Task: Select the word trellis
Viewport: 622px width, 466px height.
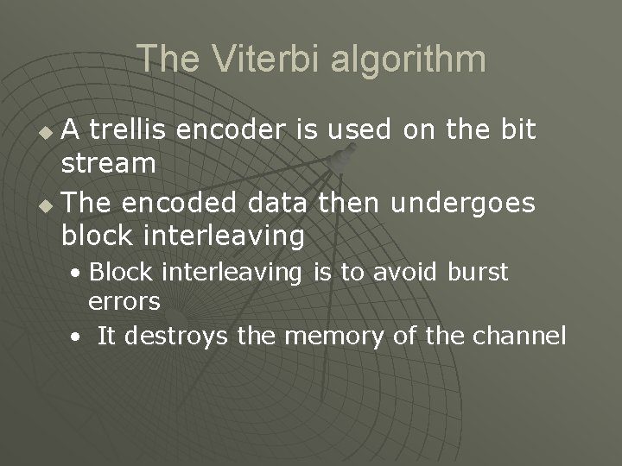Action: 130,130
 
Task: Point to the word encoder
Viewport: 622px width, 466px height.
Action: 236,130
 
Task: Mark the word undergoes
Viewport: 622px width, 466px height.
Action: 463,204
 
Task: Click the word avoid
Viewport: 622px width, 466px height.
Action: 408,272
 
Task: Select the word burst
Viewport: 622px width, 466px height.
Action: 479,272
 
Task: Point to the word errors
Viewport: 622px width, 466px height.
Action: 124,301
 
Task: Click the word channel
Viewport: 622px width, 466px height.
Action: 519,335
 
